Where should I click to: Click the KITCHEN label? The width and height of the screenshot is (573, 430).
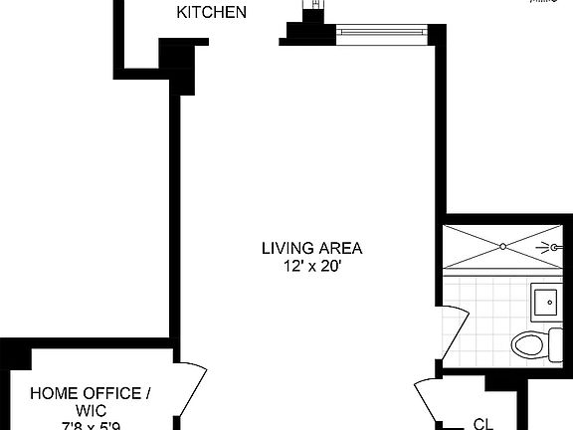click(211, 13)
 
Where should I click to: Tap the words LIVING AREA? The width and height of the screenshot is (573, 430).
click(311, 248)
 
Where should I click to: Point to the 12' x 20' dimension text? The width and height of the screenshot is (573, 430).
click(311, 266)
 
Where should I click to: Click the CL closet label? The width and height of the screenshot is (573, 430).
click(483, 423)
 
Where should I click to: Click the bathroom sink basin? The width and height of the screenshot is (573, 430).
click(545, 300)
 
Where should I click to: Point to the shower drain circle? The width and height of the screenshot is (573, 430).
click(503, 246)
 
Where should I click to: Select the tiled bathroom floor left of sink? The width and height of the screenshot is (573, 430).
click(487, 299)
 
